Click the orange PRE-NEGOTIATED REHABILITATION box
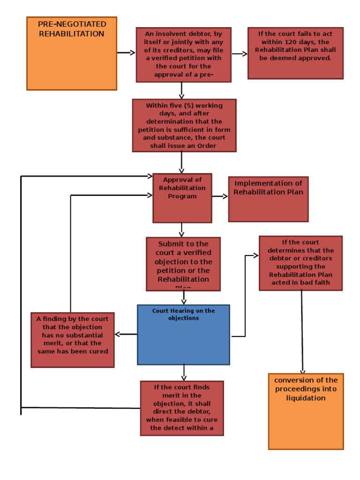click(x=71, y=53)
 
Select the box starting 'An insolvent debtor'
click(x=183, y=54)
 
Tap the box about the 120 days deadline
click(x=295, y=52)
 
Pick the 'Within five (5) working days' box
click(x=184, y=125)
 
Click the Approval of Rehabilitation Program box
click(x=182, y=198)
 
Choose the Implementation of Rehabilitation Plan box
click(x=268, y=199)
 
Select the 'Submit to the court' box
click(x=183, y=264)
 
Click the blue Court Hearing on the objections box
click(x=183, y=335)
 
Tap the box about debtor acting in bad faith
click(x=300, y=263)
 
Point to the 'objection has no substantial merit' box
click(x=73, y=339)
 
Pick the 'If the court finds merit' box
click(x=182, y=408)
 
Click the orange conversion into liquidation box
click(x=306, y=411)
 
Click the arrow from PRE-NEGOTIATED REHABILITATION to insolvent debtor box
click(x=126, y=53)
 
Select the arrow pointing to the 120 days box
click(x=240, y=54)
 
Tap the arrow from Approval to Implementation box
click(x=220, y=196)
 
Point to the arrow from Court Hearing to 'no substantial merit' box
click(x=126, y=334)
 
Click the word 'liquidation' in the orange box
click(x=306, y=398)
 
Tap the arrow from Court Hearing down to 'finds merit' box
click(x=184, y=372)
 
